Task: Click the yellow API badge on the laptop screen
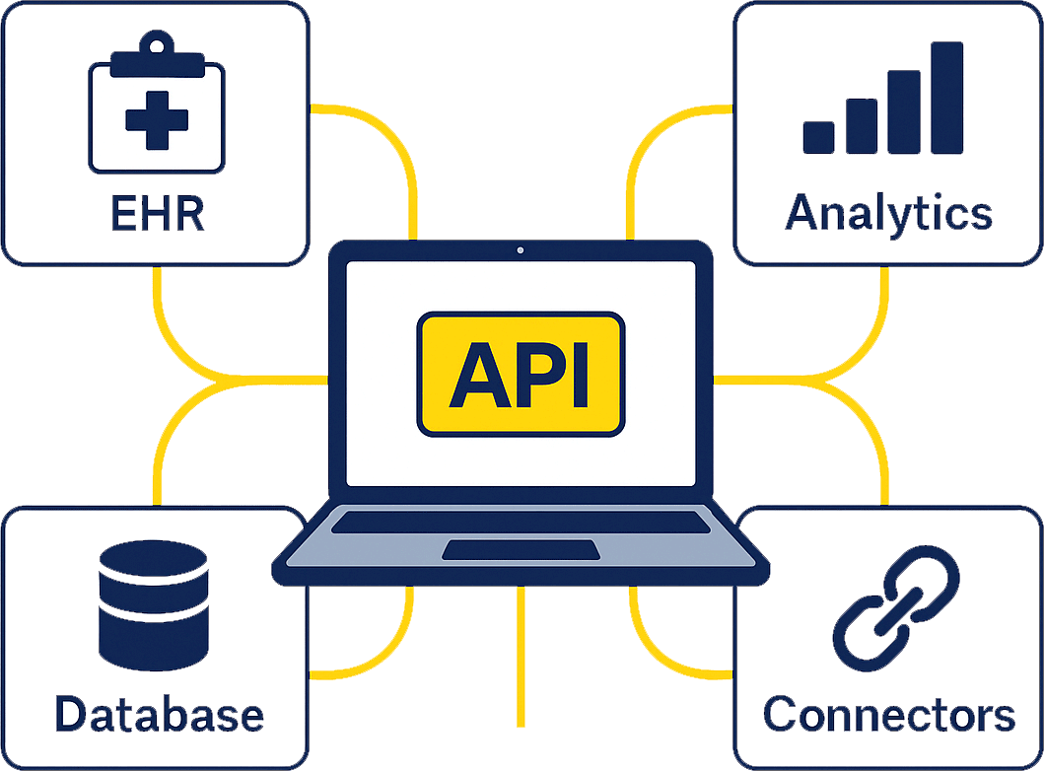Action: [521, 374]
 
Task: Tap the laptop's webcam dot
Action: [520, 250]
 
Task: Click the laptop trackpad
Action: [521, 549]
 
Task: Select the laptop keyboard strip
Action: [521, 523]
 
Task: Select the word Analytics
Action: [888, 213]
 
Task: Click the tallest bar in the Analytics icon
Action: [946, 98]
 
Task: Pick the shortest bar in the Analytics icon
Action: [818, 137]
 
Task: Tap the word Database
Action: [159, 714]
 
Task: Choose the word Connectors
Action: [888, 714]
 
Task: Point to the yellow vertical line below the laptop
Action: [521, 661]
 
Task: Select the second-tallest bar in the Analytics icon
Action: [903, 111]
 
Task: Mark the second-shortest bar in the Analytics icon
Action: [861, 125]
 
